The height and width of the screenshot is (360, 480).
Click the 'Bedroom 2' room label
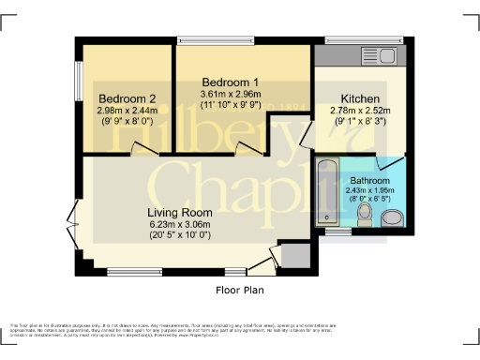click(x=127, y=98)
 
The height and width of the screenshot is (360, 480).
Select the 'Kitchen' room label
click(x=360, y=98)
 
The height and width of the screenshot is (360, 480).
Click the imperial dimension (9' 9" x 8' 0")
click(x=127, y=121)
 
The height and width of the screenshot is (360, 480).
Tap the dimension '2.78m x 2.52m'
click(x=360, y=110)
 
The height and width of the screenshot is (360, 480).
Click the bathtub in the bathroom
click(x=327, y=192)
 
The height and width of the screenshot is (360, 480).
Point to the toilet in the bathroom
click(x=367, y=217)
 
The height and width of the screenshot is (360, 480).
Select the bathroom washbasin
click(x=392, y=217)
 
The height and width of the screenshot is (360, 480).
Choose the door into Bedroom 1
click(x=248, y=148)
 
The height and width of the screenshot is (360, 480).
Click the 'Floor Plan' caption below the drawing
click(x=240, y=290)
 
